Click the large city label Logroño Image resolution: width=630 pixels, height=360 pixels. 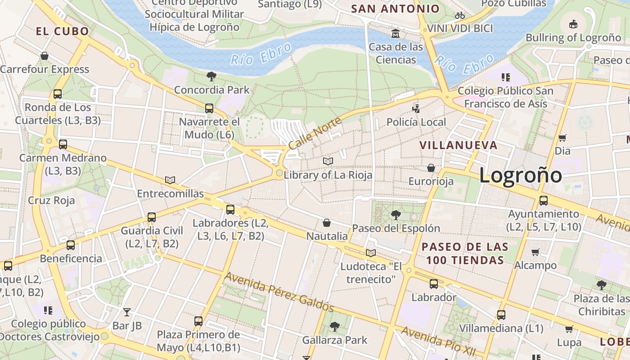pyautogui.click(x=520, y=175)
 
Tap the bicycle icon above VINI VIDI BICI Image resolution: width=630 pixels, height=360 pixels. pyautogui.click(x=459, y=15)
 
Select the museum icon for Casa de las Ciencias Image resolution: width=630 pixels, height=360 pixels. pyautogui.click(x=396, y=34)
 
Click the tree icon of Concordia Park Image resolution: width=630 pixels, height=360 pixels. pyautogui.click(x=211, y=76)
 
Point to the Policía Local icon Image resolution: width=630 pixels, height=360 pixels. pyautogui.click(x=416, y=108)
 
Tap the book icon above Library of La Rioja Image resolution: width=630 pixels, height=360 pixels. pyautogui.click(x=328, y=161)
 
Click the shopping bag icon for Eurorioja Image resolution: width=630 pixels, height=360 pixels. pyautogui.click(x=431, y=168)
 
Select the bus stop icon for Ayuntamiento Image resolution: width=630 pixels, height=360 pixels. pyautogui.click(x=544, y=201)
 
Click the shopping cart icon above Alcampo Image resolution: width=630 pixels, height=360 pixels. pyautogui.click(x=535, y=252)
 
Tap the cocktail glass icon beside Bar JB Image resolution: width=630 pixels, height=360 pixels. pyautogui.click(x=127, y=312)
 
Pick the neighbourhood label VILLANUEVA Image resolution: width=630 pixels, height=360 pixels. pyautogui.click(x=458, y=145)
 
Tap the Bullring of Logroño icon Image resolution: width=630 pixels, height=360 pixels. pyautogui.click(x=573, y=24)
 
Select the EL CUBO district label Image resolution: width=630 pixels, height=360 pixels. pyautogui.click(x=62, y=31)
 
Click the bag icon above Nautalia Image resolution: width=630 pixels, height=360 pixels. pyautogui.click(x=327, y=223)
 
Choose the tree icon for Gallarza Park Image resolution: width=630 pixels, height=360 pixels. pyautogui.click(x=334, y=326)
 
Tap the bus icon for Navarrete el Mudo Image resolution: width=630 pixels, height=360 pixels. pyautogui.click(x=209, y=108)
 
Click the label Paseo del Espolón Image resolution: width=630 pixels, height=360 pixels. pyautogui.click(x=396, y=228)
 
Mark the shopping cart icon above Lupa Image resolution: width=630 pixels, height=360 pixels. pyautogui.click(x=569, y=329)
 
